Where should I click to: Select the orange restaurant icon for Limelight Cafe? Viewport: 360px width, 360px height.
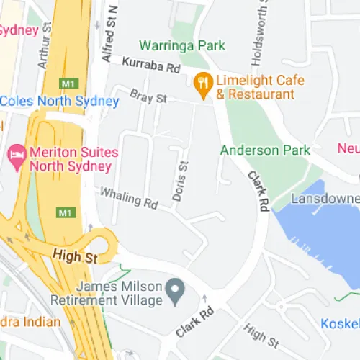click(203, 86)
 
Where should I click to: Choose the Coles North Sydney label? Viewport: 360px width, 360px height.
click(59, 102)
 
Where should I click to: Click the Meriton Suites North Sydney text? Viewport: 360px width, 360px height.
click(71, 160)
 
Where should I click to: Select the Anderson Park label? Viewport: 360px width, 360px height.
click(265, 150)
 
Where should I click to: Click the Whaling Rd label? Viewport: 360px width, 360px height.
click(129, 198)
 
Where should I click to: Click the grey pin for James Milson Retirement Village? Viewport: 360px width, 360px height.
click(174, 291)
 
